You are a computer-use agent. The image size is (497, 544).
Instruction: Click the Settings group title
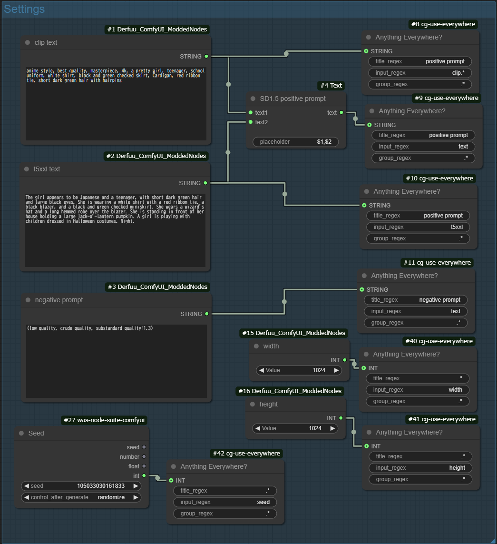click(x=25, y=9)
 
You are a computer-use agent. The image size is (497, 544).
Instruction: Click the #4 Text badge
click(x=331, y=86)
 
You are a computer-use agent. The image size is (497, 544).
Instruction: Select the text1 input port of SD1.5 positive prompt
click(x=251, y=113)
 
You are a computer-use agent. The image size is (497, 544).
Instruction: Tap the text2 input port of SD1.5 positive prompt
click(x=251, y=122)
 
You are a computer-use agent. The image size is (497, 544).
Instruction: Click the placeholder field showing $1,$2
click(x=295, y=142)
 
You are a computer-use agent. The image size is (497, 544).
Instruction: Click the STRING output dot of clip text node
click(x=206, y=56)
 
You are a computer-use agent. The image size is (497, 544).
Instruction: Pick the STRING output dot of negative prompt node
click(x=206, y=314)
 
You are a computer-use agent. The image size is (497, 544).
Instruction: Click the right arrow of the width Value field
click(x=336, y=370)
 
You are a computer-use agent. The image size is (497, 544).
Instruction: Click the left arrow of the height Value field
click(x=258, y=428)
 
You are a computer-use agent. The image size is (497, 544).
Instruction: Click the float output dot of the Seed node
click(x=144, y=466)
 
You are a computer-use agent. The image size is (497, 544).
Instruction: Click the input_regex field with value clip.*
click(x=420, y=73)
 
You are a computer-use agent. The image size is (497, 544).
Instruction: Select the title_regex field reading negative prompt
click(x=416, y=300)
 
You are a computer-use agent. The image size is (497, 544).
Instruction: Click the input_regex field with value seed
click(x=225, y=502)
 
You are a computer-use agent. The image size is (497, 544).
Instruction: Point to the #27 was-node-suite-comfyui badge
click(x=104, y=420)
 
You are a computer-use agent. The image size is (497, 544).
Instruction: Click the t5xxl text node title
click(x=47, y=169)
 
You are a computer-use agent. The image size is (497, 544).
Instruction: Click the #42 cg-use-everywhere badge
click(x=246, y=454)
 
